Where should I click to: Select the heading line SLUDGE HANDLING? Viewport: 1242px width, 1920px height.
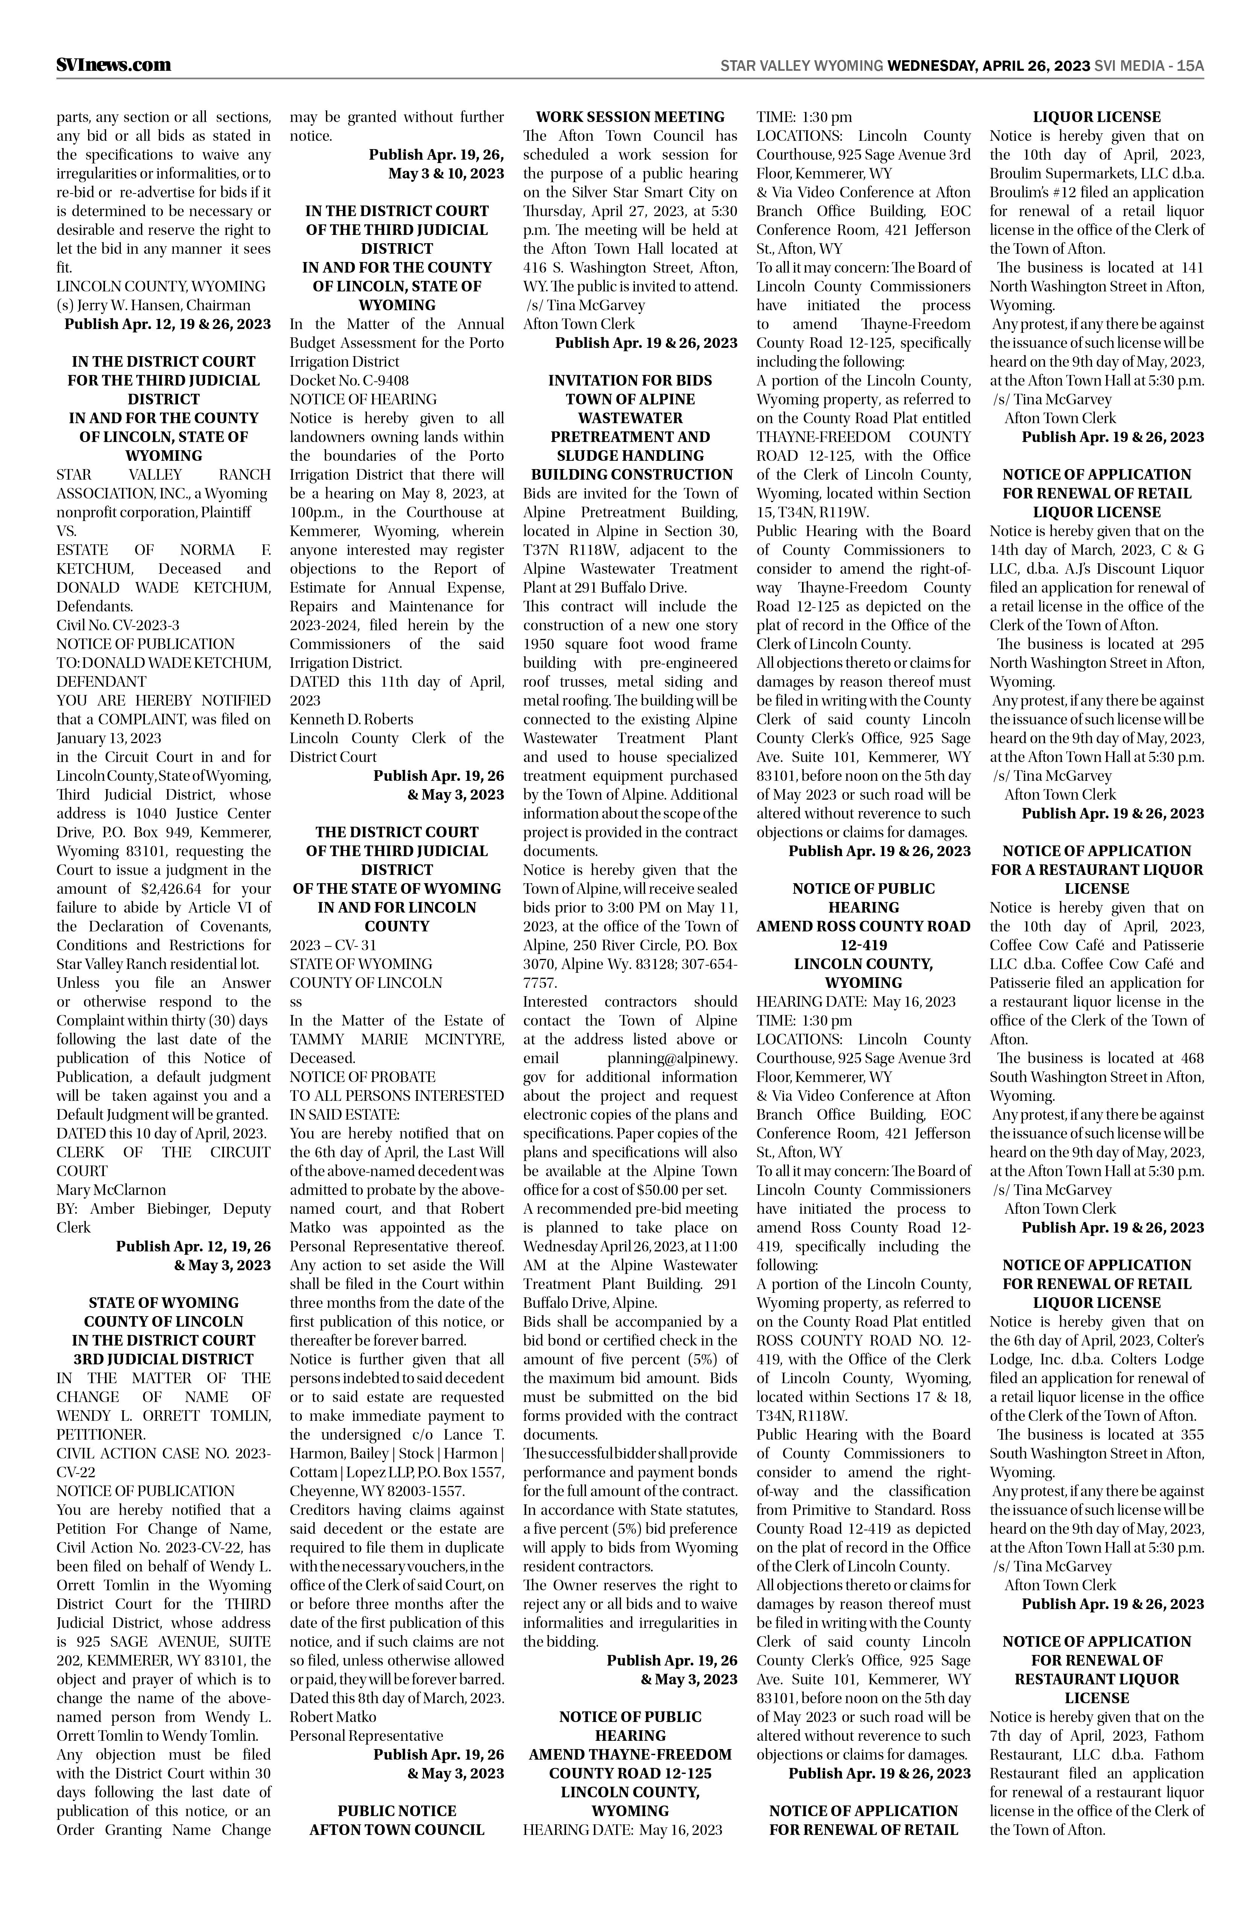tap(630, 456)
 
